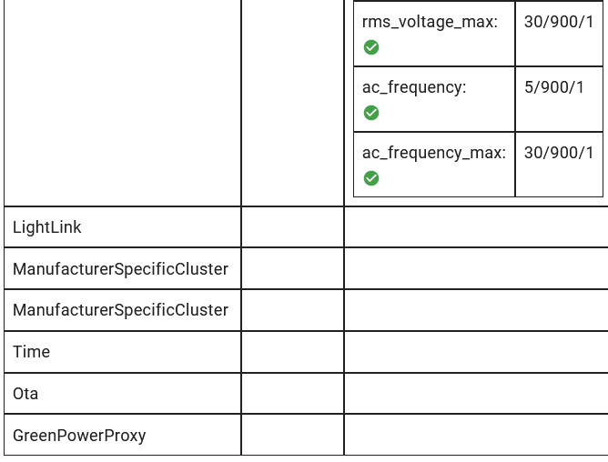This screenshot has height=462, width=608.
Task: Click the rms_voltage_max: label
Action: point(430,22)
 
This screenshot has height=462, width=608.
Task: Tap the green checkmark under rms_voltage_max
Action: point(371,47)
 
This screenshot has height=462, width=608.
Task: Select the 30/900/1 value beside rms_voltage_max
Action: point(558,22)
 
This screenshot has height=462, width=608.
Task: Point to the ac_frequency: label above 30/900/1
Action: point(414,87)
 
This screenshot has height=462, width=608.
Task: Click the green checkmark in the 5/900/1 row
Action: point(371,113)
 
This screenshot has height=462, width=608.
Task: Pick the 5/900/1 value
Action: point(554,87)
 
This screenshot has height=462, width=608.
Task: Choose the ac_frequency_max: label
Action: point(433,153)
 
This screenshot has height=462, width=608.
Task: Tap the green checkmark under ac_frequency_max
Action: point(371,178)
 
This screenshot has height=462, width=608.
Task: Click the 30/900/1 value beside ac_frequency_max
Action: point(558,153)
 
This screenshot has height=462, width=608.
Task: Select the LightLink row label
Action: point(47,227)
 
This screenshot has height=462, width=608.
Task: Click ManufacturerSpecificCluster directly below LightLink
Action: point(120,269)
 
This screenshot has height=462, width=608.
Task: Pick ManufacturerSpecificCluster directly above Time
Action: point(120,310)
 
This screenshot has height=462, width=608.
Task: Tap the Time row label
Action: point(32,352)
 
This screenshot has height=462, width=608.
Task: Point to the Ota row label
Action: point(25,394)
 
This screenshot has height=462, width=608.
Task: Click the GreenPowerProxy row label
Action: point(79,436)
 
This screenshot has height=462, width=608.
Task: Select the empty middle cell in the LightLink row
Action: point(292,227)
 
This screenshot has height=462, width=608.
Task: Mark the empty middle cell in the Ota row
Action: point(292,394)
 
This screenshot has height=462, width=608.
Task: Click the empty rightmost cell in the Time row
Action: point(475,352)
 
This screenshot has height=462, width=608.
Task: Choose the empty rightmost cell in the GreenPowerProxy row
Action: point(475,436)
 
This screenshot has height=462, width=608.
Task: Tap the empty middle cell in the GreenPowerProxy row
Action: point(292,436)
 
